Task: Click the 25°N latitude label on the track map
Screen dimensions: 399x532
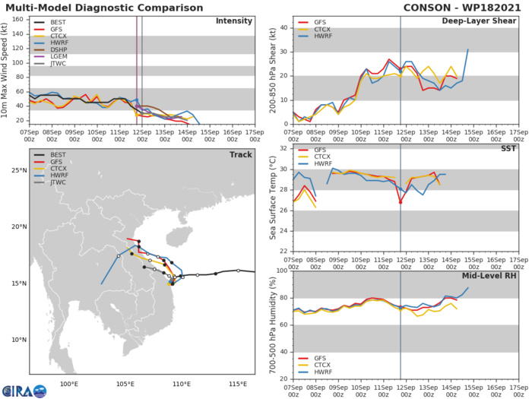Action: tap(18, 170)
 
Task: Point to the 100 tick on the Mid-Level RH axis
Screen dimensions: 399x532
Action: tap(282, 271)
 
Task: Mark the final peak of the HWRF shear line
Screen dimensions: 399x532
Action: tap(467, 49)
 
